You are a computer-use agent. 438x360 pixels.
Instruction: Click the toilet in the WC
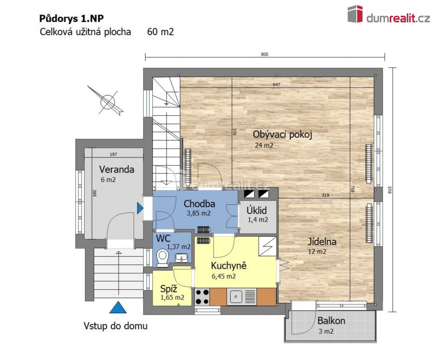point(162,258)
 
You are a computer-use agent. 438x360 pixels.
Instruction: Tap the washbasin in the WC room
point(181,258)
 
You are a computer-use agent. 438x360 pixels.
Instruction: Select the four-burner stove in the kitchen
point(202,297)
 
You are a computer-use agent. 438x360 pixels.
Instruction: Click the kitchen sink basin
point(235,297)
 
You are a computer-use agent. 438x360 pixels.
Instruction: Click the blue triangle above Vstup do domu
point(118,307)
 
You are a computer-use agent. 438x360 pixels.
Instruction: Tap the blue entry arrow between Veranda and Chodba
point(140,208)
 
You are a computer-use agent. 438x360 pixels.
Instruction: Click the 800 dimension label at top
point(264,54)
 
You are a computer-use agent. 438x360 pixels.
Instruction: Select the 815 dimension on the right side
point(389,190)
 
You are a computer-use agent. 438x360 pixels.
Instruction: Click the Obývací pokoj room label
point(283,135)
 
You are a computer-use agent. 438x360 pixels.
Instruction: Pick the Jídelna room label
point(322,242)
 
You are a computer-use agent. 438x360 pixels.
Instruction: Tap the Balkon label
point(331,321)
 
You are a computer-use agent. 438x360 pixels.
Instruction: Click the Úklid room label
point(257,210)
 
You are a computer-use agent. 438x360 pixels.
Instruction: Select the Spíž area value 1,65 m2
point(172,298)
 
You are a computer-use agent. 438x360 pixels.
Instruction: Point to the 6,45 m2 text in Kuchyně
point(224,276)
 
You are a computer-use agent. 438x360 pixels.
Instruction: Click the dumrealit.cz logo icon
point(355,14)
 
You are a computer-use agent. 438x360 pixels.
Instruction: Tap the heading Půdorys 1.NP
point(72,19)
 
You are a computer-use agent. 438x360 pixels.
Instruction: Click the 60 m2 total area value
point(160,32)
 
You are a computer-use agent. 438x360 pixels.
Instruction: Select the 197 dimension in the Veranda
point(113,155)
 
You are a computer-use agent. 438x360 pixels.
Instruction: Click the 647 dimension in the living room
point(276,85)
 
